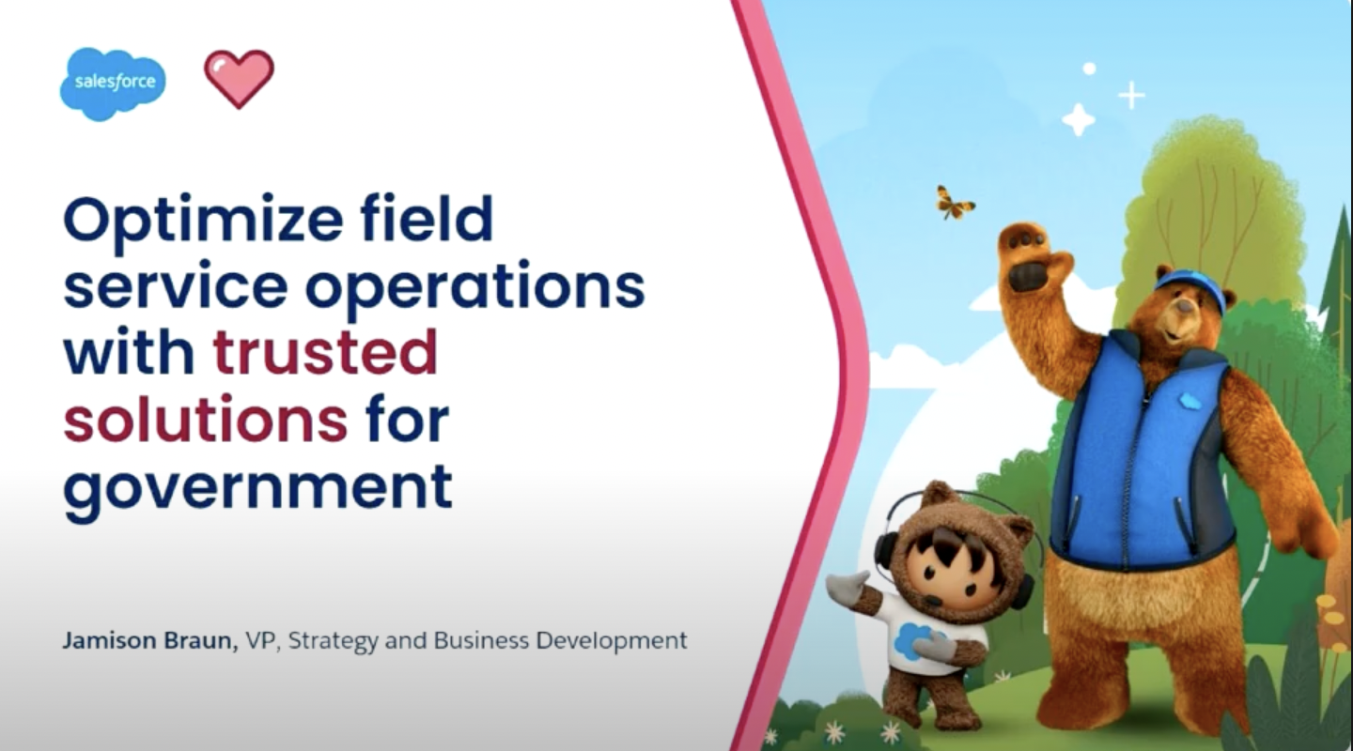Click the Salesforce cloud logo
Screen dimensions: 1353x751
coord(113,84)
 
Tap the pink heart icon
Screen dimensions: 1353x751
coord(240,79)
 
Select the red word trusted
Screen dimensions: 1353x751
coord(325,352)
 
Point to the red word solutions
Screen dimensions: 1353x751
coord(206,419)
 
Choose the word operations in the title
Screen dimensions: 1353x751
coord(475,287)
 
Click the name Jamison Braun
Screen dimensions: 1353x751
coord(150,640)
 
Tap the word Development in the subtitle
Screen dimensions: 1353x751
coord(612,641)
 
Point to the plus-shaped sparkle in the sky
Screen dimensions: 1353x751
coord(1131,96)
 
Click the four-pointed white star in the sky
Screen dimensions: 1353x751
coord(1079,119)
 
